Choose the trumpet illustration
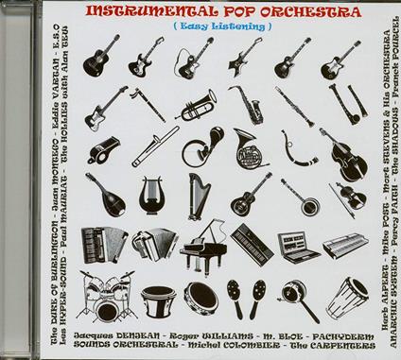pos(198,103)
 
